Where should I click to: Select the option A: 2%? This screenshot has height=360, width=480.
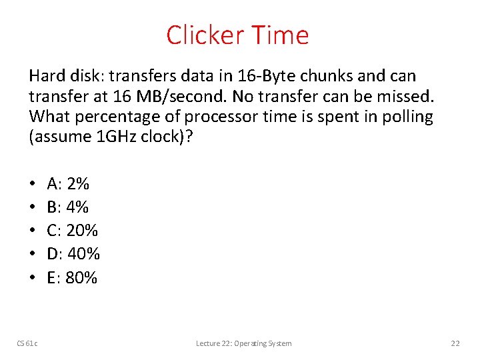pos(69,183)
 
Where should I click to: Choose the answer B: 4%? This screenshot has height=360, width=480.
pos(68,207)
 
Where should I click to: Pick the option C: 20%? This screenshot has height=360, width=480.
pos(73,230)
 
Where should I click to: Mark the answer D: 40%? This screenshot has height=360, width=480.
pos(73,254)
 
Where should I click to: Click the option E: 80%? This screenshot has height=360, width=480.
pos(73,277)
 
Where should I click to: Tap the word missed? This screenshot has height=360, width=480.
pos(407,97)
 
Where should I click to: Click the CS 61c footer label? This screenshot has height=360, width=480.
pos(27,343)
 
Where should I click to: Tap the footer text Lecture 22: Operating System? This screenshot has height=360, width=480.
pos(243,343)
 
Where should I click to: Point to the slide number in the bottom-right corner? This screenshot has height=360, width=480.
pos(455,343)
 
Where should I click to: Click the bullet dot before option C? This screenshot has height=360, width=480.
pos(33,231)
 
